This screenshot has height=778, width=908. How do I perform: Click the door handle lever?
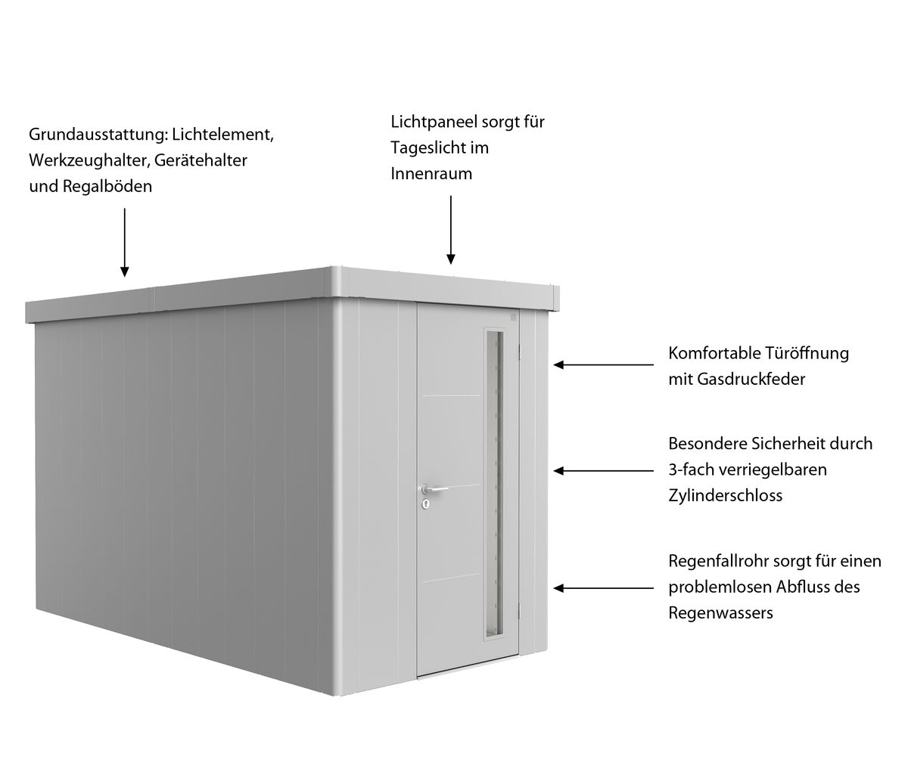[435, 488]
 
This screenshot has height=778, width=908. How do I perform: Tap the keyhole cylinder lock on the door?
[425, 505]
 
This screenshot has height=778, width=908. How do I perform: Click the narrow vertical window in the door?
[495, 484]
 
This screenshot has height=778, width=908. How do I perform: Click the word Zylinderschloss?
[725, 495]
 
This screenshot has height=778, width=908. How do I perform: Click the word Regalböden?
[107, 186]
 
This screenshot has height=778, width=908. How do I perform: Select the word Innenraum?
[431, 173]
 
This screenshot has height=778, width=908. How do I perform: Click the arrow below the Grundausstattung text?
[125, 243]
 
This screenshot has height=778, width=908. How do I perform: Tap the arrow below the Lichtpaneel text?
[451, 230]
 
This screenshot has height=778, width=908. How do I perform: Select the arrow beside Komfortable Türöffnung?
[604, 364]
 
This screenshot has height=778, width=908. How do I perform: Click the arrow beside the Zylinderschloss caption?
[604, 471]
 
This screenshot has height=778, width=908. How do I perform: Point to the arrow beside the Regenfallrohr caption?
[604, 588]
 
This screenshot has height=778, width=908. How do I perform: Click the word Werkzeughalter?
[89, 161]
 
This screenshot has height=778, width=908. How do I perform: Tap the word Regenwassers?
[720, 613]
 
